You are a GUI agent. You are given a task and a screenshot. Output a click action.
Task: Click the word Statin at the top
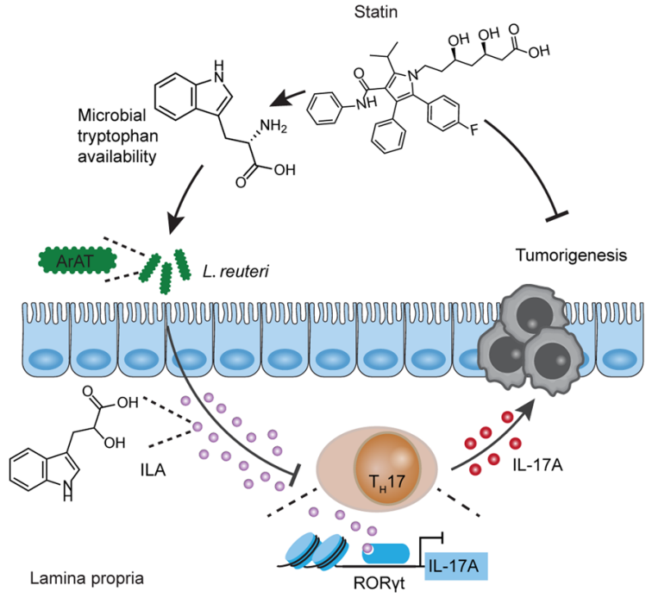[376, 11]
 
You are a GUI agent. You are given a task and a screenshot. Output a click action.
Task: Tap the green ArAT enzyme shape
[78, 261]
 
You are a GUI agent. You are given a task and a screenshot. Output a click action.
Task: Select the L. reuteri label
[235, 271]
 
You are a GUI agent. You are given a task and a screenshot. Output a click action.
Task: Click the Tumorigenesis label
[571, 255]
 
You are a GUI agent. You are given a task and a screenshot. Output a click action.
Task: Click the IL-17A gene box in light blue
[456, 566]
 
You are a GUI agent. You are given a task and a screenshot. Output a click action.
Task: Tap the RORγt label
[379, 583]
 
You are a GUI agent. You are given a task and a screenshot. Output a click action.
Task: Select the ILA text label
[154, 470]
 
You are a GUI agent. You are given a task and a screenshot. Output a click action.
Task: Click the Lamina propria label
[87, 579]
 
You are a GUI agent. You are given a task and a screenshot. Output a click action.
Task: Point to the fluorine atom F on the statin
[473, 129]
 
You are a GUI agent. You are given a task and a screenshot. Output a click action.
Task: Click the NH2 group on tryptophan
[273, 126]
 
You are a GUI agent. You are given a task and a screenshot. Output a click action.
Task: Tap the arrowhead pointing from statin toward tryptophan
[279, 100]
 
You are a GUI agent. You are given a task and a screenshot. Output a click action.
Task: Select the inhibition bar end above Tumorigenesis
[557, 217]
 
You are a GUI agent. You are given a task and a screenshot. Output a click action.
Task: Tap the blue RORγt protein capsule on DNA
[386, 553]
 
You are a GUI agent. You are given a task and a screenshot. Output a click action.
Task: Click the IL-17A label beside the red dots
[537, 465]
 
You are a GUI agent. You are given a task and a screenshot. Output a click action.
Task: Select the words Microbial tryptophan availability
[117, 135]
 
